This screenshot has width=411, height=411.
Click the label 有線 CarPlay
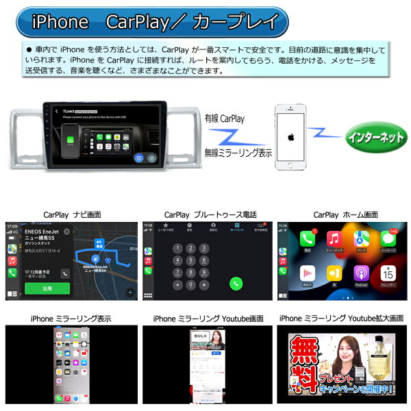(x=223, y=119)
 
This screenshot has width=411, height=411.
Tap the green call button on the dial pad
(x=237, y=282)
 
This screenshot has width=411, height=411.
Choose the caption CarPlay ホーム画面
(x=345, y=214)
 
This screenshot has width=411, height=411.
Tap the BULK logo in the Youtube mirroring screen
(x=200, y=338)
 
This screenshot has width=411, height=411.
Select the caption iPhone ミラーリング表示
(x=71, y=319)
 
